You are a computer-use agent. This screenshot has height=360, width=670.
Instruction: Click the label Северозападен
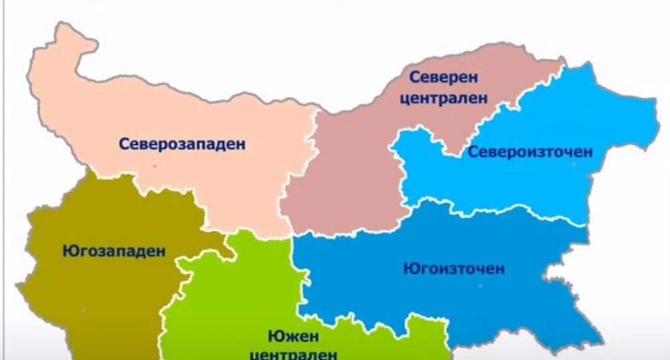182,143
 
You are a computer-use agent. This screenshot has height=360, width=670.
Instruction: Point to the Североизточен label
530,152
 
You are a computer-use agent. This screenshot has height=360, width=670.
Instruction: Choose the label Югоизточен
454,269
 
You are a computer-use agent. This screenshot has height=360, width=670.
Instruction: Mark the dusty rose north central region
348,181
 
